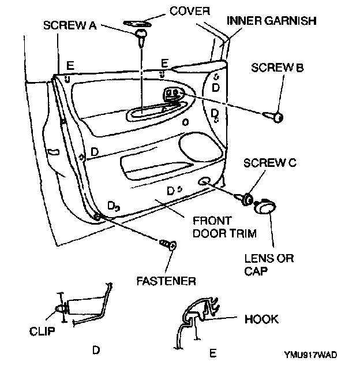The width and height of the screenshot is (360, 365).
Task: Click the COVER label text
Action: click(x=190, y=11)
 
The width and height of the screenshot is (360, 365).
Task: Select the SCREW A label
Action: click(x=70, y=25)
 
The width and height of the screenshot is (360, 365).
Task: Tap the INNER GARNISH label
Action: click(x=271, y=20)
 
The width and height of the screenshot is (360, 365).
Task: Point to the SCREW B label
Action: click(x=277, y=68)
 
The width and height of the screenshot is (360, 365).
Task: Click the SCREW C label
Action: click(x=270, y=162)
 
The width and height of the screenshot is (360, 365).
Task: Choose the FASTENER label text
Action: click(x=166, y=281)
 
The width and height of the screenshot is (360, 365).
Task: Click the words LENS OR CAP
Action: click(x=269, y=265)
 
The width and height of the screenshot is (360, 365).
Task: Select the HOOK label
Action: click(x=261, y=319)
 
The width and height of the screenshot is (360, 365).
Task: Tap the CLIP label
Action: click(x=42, y=331)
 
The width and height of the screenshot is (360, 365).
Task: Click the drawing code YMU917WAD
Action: click(x=311, y=355)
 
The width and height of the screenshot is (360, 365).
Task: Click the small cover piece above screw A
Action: click(x=137, y=24)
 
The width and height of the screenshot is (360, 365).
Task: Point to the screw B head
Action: click(x=278, y=117)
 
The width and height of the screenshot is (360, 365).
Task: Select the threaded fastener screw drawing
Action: click(x=168, y=244)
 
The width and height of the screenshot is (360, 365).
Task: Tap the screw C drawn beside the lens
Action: click(x=245, y=199)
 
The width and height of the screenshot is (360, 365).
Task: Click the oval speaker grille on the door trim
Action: click(x=201, y=147)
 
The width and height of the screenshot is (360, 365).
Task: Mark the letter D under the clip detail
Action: click(x=96, y=350)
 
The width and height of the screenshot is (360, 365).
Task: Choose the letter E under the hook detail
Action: click(x=213, y=353)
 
